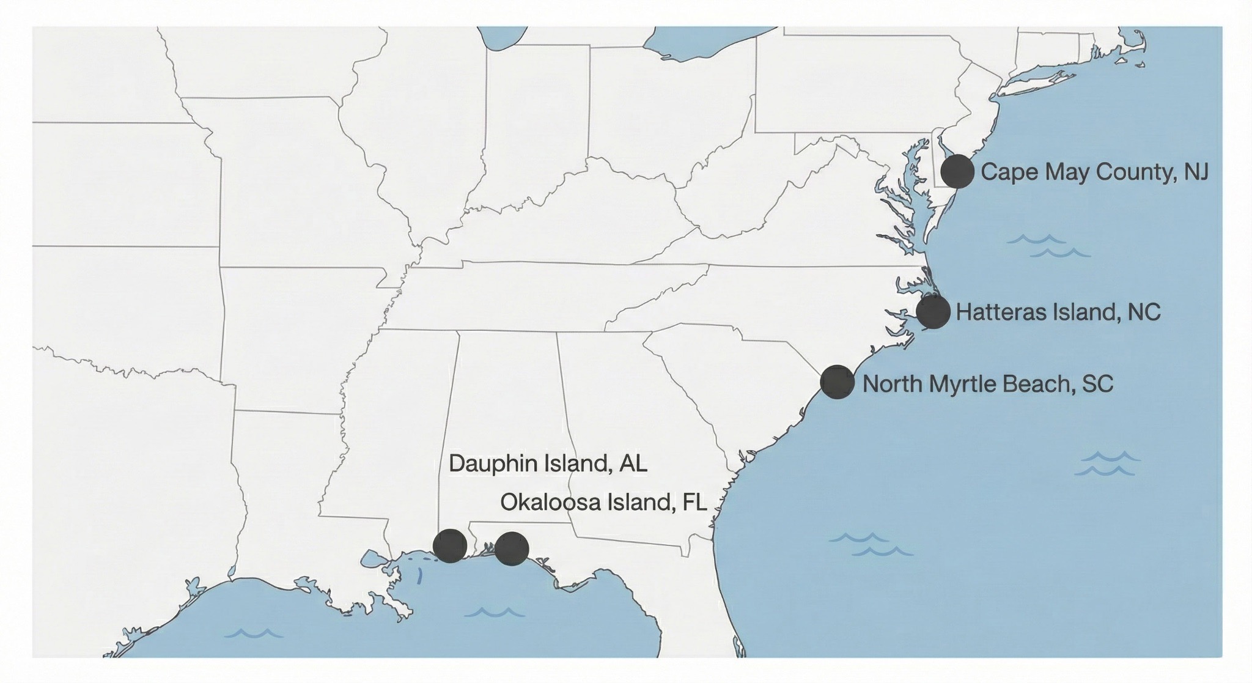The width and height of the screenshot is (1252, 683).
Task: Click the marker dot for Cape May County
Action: (x=957, y=171)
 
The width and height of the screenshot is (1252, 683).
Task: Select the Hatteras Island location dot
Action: (x=933, y=312)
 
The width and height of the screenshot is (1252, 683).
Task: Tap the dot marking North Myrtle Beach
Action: (x=837, y=382)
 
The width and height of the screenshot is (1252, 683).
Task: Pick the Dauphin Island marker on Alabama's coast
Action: (x=450, y=545)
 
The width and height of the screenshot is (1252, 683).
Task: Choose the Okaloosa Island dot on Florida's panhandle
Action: (x=512, y=548)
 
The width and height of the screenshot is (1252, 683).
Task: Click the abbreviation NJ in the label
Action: (x=1196, y=172)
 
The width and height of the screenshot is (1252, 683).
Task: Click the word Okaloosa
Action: (x=550, y=503)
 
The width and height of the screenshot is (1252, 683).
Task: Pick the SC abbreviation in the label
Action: (x=1098, y=384)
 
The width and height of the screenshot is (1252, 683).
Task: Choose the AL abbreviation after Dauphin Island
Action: (x=633, y=463)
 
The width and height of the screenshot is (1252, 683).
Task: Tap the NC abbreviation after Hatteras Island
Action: (x=1144, y=312)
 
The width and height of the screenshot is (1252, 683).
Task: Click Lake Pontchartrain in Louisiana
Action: (x=370, y=558)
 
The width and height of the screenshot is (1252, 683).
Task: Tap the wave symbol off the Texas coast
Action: (x=253, y=633)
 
